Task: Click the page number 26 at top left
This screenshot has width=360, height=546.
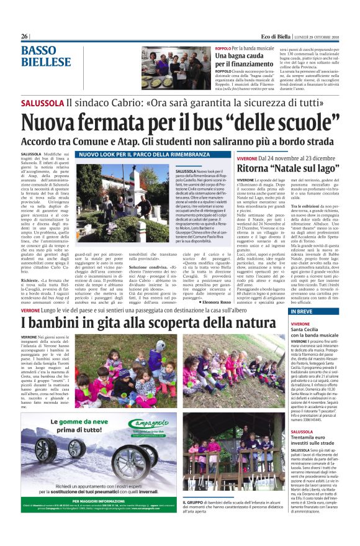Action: click(25, 36)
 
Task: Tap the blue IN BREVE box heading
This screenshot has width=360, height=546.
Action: click(304, 311)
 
